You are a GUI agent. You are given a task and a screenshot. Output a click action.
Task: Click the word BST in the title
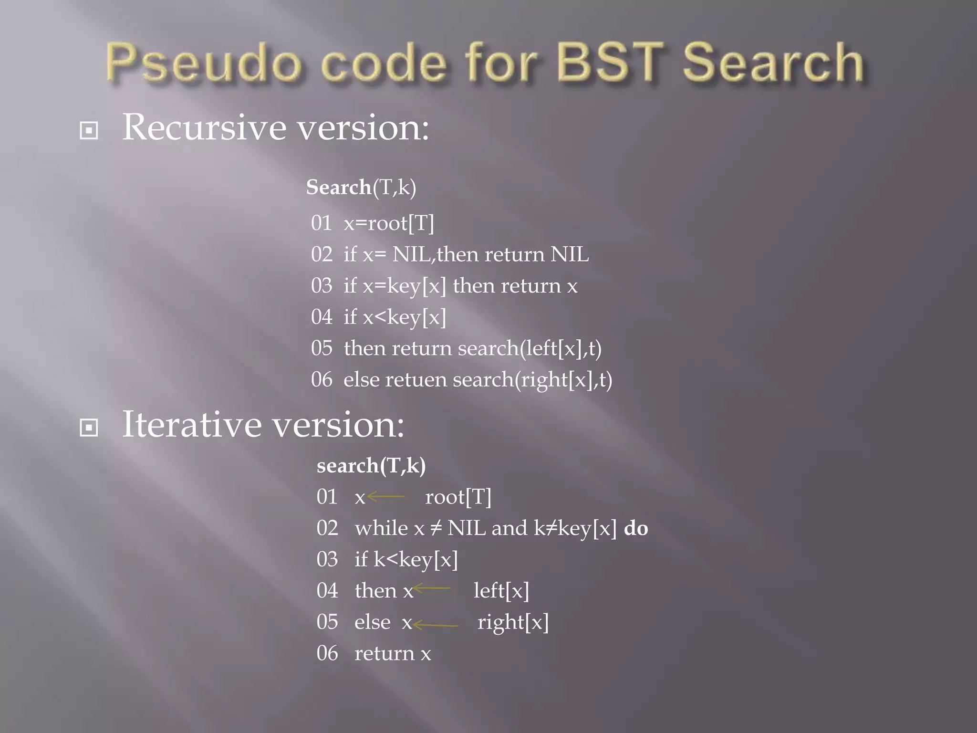[610, 62]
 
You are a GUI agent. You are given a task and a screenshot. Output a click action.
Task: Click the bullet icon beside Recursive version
[89, 130]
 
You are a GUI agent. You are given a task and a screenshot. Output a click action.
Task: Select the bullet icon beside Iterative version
[89, 427]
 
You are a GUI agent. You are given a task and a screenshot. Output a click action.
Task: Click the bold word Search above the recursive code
[339, 187]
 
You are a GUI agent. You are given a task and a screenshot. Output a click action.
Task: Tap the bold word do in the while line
[636, 528]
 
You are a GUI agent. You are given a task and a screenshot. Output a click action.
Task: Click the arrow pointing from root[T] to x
[386, 497]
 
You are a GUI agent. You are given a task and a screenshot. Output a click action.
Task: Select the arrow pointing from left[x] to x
[432, 588]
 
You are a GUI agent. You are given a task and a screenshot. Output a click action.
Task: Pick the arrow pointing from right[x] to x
[436, 624]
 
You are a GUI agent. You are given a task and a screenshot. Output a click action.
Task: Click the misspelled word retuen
[416, 380]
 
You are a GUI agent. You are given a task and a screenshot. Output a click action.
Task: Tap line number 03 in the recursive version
[322, 286]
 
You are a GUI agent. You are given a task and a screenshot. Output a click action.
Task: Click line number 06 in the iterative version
[327, 653]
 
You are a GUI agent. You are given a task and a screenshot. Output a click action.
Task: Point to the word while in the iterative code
[381, 528]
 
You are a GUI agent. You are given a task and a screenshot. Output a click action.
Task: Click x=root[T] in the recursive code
[389, 223]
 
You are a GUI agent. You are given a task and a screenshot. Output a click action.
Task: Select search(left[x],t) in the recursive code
[530, 348]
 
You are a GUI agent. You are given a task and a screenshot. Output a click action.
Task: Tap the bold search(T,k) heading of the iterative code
[371, 466]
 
